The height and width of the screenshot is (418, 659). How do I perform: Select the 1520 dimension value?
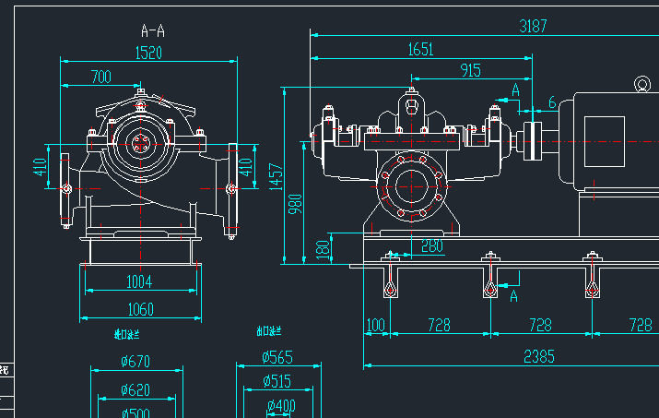(148, 53)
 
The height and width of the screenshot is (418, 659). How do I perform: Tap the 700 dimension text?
(100, 77)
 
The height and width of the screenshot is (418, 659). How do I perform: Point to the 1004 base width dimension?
(139, 281)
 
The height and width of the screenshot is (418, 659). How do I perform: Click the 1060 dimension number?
(140, 309)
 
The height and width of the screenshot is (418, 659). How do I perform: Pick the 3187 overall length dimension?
(533, 26)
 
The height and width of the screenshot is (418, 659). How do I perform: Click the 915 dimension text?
(469, 71)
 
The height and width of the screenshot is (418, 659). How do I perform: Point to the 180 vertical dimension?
(322, 249)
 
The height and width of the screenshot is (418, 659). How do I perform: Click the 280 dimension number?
(431, 246)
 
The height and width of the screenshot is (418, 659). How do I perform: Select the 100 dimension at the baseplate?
(375, 326)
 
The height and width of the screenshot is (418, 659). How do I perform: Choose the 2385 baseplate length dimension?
(539, 356)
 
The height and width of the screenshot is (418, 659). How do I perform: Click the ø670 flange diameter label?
(135, 362)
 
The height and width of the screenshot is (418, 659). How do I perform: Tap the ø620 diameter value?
(135, 390)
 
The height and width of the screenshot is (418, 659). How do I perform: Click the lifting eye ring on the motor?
(641, 85)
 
